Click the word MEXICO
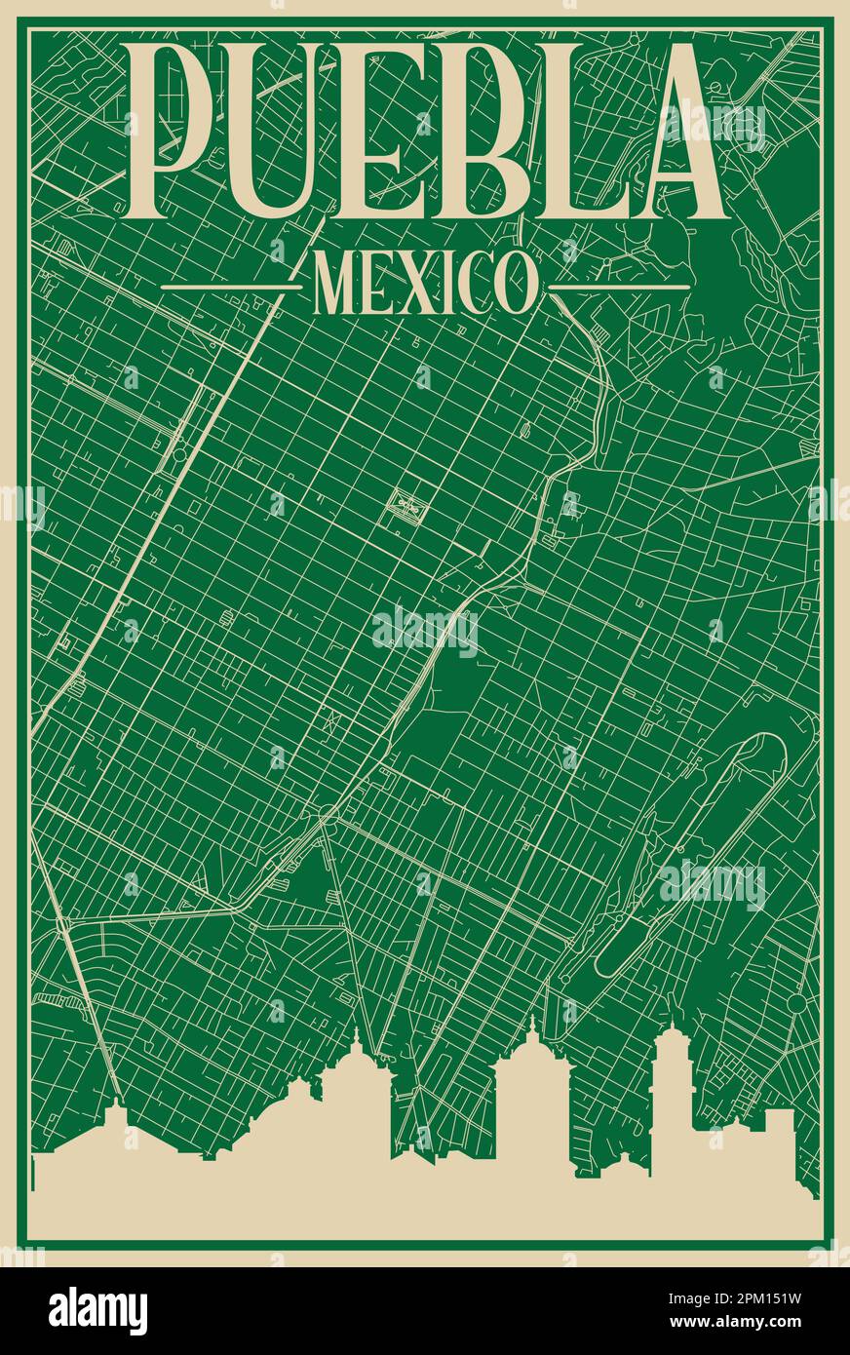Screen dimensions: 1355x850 (424, 283)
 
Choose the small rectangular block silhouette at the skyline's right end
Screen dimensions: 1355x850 (779, 1131)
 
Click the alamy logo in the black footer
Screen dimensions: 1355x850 (97, 1310)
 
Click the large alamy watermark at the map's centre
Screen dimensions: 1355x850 (425, 632)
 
